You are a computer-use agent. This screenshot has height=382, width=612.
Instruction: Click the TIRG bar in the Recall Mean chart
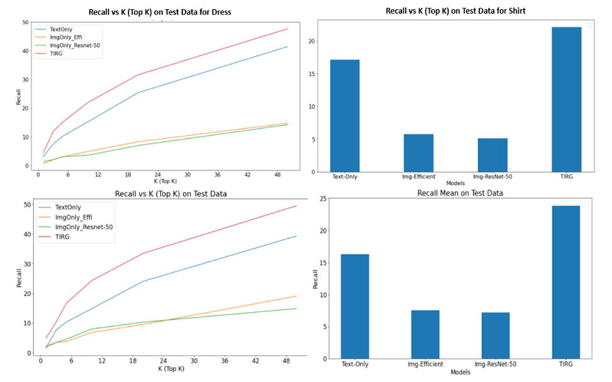click(566, 282)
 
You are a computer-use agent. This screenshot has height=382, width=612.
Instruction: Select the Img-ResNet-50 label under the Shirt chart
click(492, 177)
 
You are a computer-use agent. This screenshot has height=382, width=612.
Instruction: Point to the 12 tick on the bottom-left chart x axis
click(102, 361)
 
